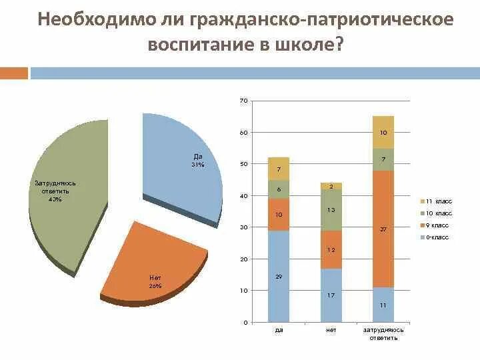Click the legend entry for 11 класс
tap(437, 201)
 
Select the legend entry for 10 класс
tap(437, 213)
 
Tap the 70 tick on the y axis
tap(243, 101)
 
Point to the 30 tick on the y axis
tap(243, 227)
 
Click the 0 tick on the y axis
tap(245, 323)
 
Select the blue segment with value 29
tap(278, 276)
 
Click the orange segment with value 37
tap(383, 229)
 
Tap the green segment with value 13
tap(331, 210)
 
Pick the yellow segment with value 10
tap(383, 132)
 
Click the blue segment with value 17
tap(331, 295)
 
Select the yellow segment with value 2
tap(331, 186)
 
